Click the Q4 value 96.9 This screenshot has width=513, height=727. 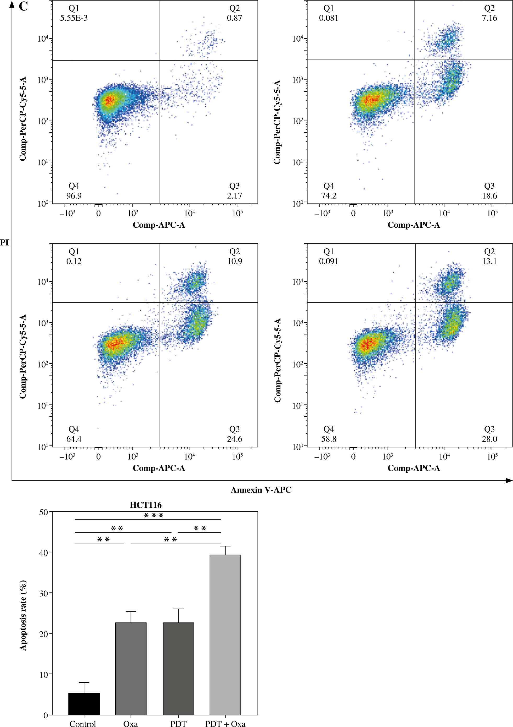(74, 196)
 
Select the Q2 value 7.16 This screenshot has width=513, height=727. (489, 18)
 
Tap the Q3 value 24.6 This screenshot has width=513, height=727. (234, 439)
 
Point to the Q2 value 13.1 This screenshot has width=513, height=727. (489, 261)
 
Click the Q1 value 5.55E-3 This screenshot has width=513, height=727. (74, 18)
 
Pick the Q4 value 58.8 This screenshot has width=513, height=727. (329, 439)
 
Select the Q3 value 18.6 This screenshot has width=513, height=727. (489, 196)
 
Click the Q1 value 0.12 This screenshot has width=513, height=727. (74, 261)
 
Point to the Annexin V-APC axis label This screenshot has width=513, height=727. (261, 490)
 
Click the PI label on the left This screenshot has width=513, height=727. (4, 243)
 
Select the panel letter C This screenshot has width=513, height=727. (24, 6)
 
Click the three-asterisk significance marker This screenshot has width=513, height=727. (154, 516)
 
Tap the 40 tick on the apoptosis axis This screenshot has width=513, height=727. (43, 552)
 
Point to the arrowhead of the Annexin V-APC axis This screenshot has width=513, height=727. (509, 481)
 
